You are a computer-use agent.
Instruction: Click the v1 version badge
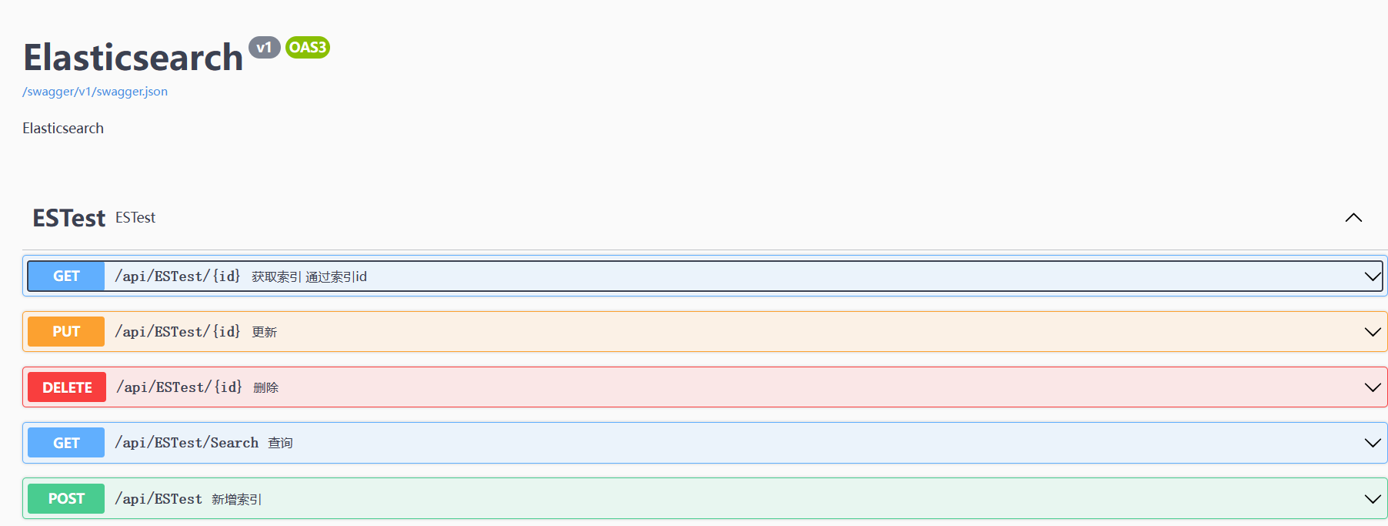pos(264,48)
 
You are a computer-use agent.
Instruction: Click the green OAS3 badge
pos(307,48)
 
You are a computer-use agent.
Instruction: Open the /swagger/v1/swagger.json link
pos(95,92)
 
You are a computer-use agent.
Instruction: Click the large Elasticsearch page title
pos(133,58)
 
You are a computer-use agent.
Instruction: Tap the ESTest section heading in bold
pos(68,218)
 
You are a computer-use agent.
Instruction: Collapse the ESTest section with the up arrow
pos(1353,218)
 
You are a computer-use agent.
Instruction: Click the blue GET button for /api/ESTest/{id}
pos(66,276)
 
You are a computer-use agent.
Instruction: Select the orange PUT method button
pos(66,332)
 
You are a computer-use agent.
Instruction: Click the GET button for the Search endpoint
pos(66,443)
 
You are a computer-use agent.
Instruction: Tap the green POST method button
pos(66,498)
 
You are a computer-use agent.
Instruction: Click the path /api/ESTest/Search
pos(186,443)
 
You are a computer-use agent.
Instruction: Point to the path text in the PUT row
pos(177,332)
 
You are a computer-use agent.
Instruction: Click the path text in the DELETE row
pos(179,387)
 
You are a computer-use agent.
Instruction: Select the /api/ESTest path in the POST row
pos(158,499)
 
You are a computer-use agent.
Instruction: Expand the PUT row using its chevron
pos(1372,332)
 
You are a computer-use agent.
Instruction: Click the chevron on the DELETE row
pos(1372,387)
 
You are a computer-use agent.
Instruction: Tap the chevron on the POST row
pos(1372,498)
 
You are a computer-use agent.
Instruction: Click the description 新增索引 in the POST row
pos(236,500)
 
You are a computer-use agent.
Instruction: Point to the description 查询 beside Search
pos(280,444)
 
